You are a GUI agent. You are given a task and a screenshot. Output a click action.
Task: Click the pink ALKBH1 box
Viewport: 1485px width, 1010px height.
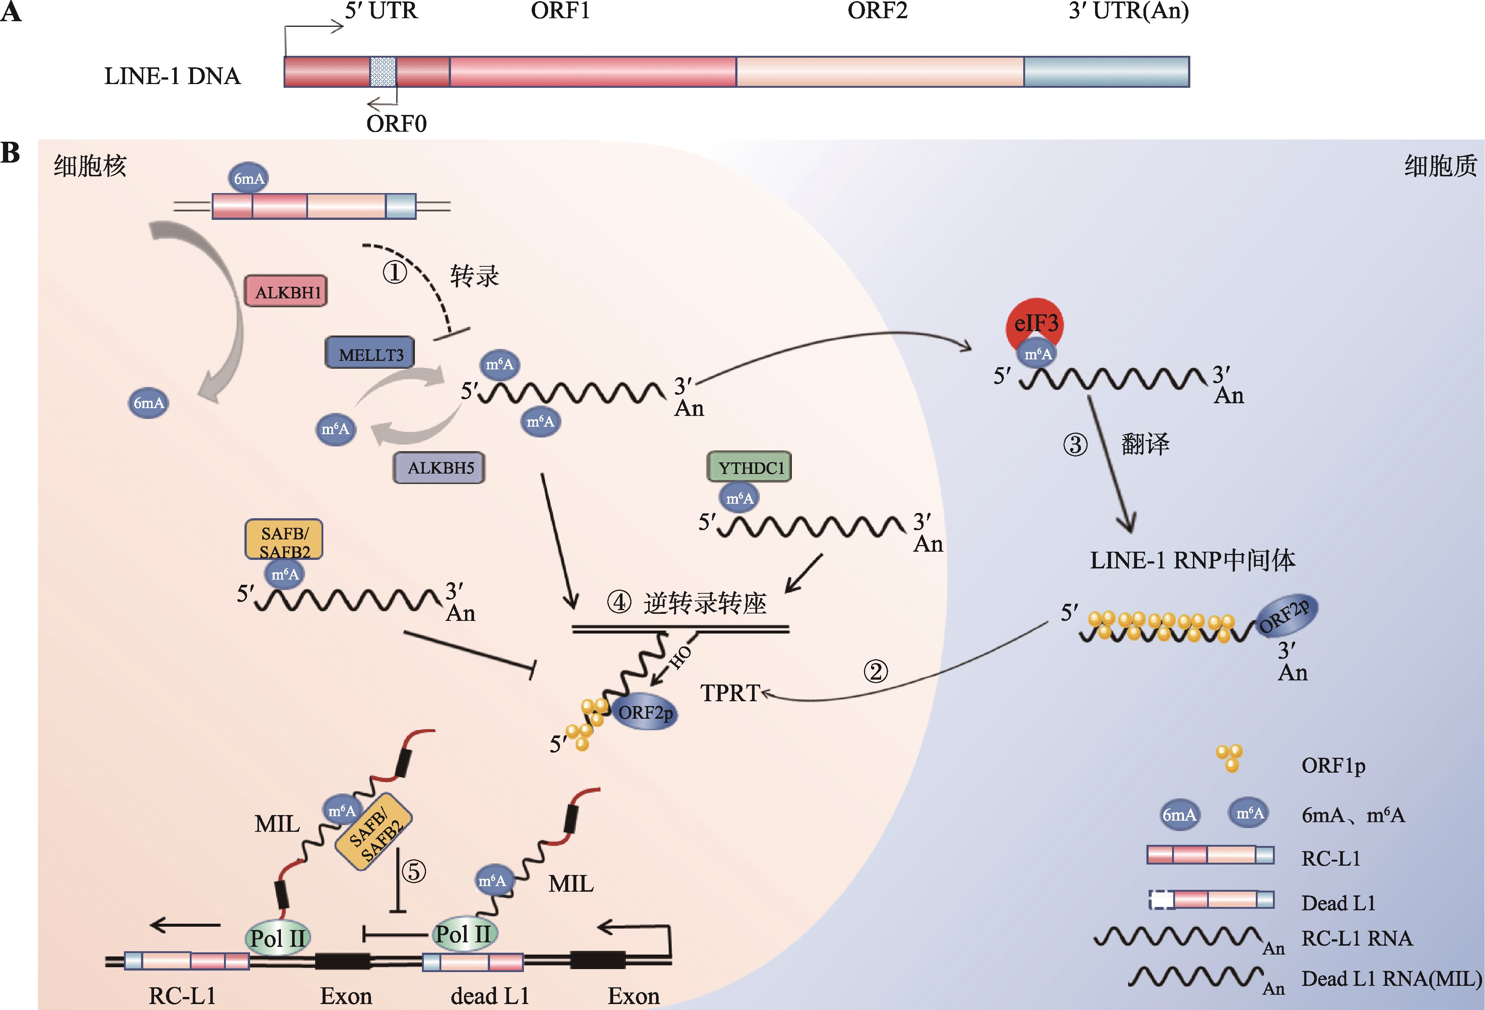[286, 292]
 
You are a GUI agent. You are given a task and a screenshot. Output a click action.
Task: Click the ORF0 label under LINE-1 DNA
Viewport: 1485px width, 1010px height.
[396, 123]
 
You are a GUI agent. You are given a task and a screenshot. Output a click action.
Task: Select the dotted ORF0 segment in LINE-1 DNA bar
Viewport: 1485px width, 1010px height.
[383, 71]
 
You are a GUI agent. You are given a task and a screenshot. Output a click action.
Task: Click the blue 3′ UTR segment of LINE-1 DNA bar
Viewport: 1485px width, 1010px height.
[1106, 71]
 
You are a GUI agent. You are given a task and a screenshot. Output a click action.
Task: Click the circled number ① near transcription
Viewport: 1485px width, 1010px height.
[395, 273]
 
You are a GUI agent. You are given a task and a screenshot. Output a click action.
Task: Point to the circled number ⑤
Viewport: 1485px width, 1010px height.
[413, 871]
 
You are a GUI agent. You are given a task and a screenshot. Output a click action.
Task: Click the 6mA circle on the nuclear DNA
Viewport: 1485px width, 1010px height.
[249, 178]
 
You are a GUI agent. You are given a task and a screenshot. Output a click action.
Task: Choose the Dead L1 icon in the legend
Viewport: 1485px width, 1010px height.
[1211, 900]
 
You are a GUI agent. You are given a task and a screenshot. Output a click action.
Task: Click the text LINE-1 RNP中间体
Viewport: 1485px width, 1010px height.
[1192, 560]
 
